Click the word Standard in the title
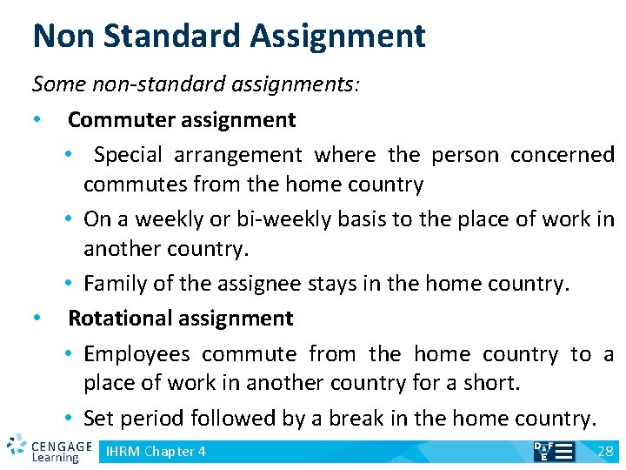click(167, 36)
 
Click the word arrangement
click(237, 155)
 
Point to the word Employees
click(137, 354)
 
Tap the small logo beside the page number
click(553, 451)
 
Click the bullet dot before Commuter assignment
click(37, 119)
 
